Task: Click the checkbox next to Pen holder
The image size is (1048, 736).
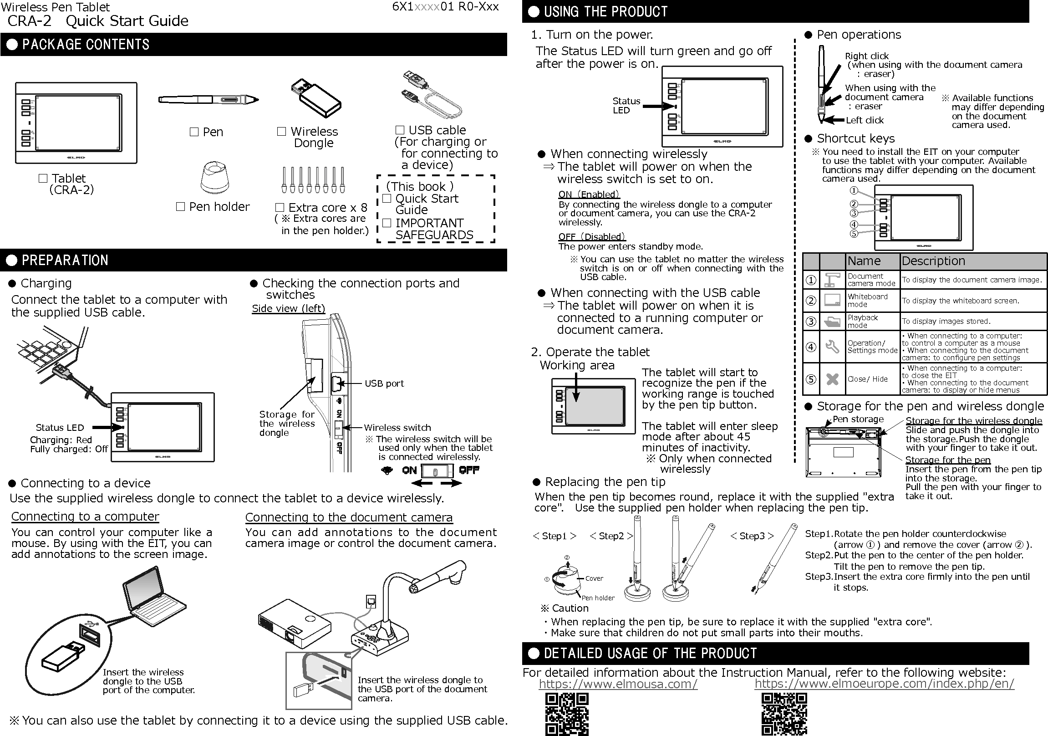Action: (181, 207)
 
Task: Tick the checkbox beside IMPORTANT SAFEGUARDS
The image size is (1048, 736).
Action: (387, 223)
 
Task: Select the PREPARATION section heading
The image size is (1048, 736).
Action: (65, 260)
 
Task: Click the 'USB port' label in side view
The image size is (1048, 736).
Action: (384, 383)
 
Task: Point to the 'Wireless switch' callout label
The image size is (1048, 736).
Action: (397, 428)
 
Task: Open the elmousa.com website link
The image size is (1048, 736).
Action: (618, 684)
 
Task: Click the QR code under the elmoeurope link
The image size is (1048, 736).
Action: (783, 714)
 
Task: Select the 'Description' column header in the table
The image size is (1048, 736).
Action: (933, 261)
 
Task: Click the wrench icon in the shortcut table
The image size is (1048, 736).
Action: (832, 347)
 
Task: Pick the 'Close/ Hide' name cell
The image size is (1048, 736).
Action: (867, 379)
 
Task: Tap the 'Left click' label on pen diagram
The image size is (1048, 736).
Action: (865, 120)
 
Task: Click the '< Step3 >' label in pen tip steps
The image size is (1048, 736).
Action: (752, 536)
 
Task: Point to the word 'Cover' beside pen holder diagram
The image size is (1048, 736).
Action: (594, 578)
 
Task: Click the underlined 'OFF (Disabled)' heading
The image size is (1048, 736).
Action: (591, 236)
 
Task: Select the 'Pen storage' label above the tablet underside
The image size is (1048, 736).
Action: (858, 419)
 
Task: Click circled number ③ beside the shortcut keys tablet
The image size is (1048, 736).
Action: (854, 213)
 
